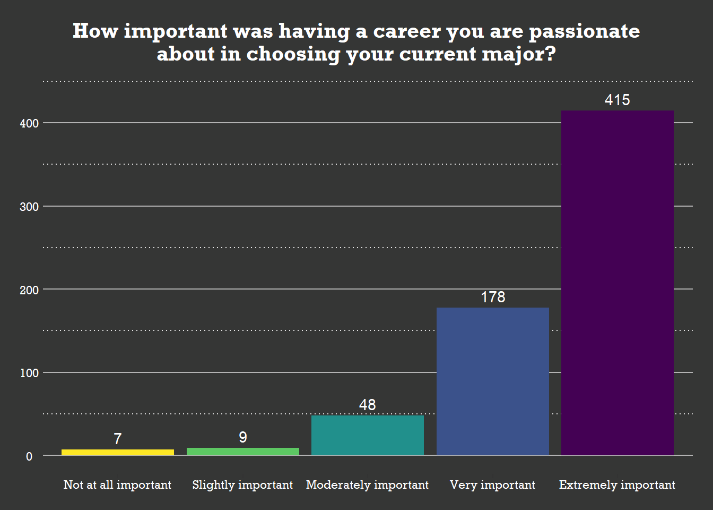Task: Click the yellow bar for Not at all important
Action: (x=118, y=453)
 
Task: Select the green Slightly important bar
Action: (x=243, y=452)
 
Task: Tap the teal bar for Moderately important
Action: (x=368, y=435)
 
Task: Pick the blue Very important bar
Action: (x=493, y=381)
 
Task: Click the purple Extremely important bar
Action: (x=618, y=283)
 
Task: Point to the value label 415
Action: (x=618, y=100)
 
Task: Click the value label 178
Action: (x=493, y=297)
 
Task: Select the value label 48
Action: (x=368, y=405)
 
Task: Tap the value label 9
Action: (x=243, y=437)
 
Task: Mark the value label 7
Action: (x=118, y=439)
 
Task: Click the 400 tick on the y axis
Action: (x=29, y=123)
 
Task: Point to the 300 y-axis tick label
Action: (x=29, y=207)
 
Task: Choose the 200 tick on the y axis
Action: (x=29, y=290)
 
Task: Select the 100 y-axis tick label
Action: (x=29, y=373)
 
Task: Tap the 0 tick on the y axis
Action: (x=29, y=456)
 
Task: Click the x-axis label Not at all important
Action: (x=118, y=485)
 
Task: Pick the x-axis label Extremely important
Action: (x=618, y=485)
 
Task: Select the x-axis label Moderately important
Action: (x=368, y=485)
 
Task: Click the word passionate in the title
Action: (x=585, y=31)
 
